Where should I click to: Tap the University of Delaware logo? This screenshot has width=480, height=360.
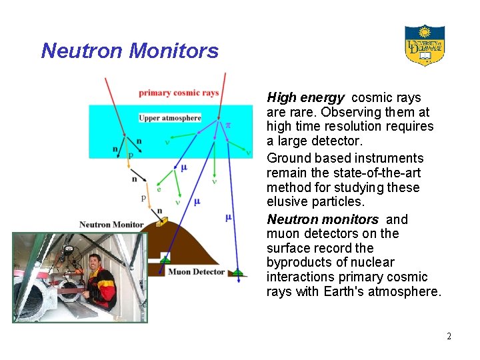(x=425, y=45)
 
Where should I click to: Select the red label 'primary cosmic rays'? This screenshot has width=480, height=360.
(x=179, y=93)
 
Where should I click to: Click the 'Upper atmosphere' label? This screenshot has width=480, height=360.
(x=170, y=118)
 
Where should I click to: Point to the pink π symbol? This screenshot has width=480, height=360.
(x=227, y=125)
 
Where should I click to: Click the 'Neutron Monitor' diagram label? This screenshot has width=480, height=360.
(x=111, y=224)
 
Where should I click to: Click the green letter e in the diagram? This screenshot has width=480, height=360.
(x=159, y=189)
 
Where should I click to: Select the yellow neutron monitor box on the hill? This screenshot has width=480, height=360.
(x=159, y=223)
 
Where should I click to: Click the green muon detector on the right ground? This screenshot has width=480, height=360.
(x=237, y=271)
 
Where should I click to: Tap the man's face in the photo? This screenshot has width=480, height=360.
(x=94, y=262)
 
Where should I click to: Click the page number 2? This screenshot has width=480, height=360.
(x=449, y=336)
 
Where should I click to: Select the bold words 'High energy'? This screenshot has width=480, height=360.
(x=305, y=98)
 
